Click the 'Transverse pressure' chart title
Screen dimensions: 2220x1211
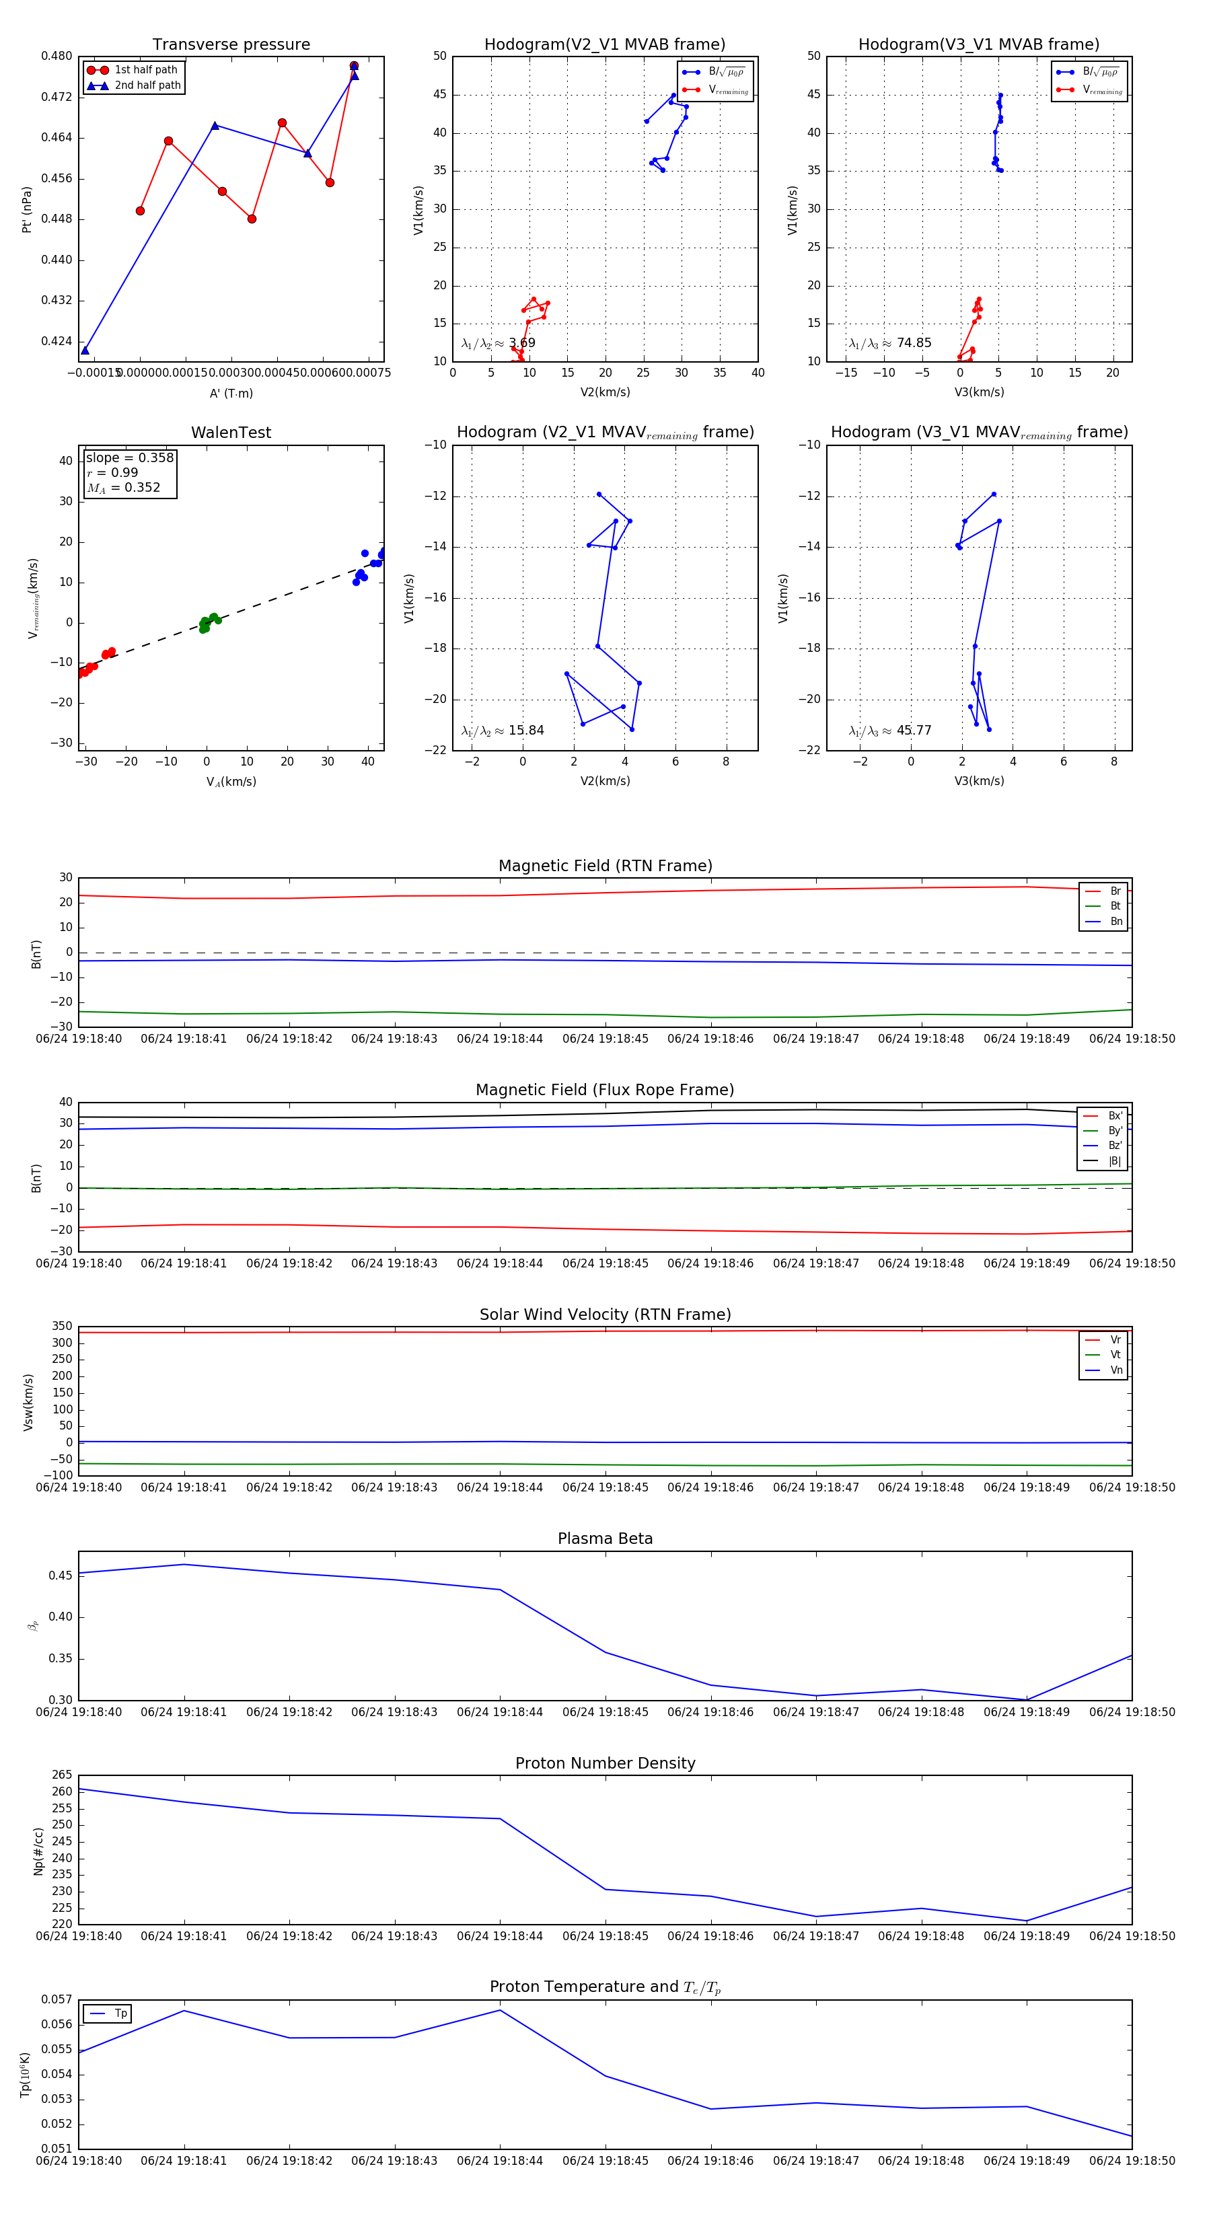coord(231,45)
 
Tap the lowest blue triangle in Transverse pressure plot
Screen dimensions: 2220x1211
coord(85,350)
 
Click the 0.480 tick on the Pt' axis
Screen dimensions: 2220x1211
coord(57,56)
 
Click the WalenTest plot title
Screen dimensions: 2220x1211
coord(231,433)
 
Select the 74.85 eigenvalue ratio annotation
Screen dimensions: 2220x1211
coord(914,343)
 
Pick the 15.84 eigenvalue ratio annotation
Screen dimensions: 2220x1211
coord(525,731)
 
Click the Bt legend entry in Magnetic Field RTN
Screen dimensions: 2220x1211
coord(1115,905)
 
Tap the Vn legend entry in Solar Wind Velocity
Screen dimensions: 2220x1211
coord(1115,1370)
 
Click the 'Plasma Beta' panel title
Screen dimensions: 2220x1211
coord(605,1539)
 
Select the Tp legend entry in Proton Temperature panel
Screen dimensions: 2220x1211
coord(120,2013)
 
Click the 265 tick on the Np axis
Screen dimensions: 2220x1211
coord(62,1775)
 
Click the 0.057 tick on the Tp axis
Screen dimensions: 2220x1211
coord(57,1999)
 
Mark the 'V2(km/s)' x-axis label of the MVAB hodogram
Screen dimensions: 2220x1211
coord(605,392)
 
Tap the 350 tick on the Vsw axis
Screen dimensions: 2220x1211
coord(62,1327)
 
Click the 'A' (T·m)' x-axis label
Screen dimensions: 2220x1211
coord(231,393)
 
